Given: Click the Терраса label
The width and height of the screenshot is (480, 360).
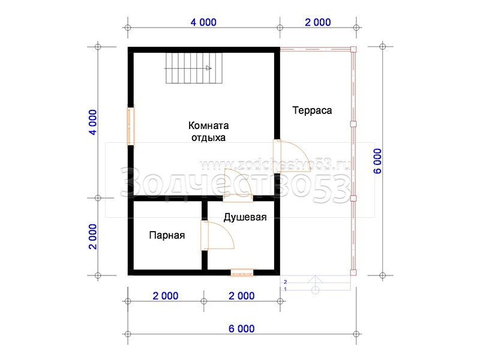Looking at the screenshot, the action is pos(312,110).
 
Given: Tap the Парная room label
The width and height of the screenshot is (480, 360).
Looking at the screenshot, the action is pos(167,235).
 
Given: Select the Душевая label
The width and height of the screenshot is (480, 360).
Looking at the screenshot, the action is pos(245,217).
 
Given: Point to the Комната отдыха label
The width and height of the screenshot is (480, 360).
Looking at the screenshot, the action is pos(208,131).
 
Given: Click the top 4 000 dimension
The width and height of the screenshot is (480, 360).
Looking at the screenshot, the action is pos(203,22).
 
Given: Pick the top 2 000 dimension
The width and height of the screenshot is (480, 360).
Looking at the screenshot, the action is pos(318,22).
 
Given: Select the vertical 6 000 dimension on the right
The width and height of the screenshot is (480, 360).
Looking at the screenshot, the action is pos(377,161).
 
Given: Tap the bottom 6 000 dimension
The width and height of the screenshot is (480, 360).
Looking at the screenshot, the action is pos(242,329).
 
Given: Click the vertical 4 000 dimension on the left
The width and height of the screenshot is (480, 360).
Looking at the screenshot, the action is pos(93,122).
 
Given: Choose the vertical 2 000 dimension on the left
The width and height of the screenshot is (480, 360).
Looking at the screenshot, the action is pos(93,236).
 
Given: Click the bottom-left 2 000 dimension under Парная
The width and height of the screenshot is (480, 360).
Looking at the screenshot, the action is pos(166,296).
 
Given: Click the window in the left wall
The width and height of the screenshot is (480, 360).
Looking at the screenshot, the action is pos(131,126).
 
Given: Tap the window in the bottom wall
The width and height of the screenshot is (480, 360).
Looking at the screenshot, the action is pos(242,272).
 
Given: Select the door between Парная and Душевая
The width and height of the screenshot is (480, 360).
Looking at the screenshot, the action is pos(217,235).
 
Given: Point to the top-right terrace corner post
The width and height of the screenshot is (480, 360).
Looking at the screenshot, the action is pos(353,50).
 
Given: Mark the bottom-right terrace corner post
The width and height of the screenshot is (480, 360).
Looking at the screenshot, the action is pos(353,272).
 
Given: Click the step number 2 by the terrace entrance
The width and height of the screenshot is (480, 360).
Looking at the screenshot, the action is pos(286,282).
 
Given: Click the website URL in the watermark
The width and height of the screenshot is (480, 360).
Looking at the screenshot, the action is pos(275,166).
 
